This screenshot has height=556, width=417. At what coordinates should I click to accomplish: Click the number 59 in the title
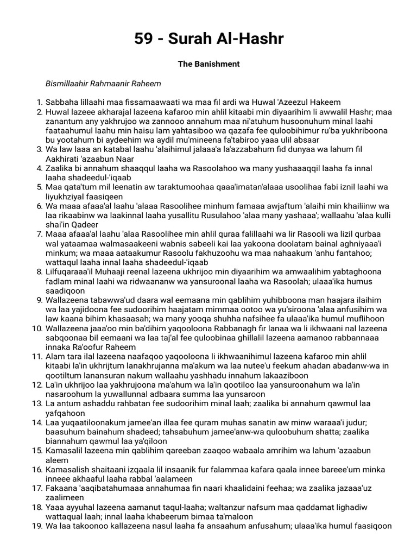coord(144,39)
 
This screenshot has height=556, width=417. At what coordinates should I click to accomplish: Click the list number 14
coord(37,422)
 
